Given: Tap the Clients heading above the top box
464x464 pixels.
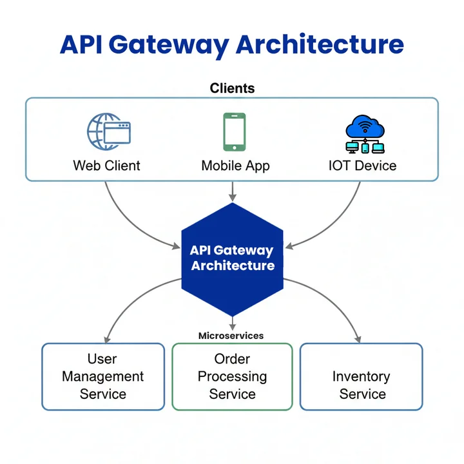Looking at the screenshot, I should [x=232, y=88].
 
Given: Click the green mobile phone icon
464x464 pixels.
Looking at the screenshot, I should [x=234, y=132].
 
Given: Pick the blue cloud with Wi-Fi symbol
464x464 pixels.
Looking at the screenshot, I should [x=365, y=126].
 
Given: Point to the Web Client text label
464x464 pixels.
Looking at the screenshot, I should [x=106, y=166].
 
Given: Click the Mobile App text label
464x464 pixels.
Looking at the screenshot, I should [x=235, y=166].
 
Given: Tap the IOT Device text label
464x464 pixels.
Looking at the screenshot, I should [x=362, y=166].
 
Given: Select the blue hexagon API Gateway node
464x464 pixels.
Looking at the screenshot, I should [x=232, y=258].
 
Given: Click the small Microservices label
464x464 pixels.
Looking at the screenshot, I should [x=231, y=336].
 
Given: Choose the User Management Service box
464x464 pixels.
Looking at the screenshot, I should [x=103, y=376].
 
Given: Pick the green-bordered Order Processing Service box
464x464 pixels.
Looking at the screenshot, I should [x=232, y=376].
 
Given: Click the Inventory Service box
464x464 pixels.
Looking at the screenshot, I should [x=362, y=376].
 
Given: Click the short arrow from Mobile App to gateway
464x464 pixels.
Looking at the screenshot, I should [x=232, y=191].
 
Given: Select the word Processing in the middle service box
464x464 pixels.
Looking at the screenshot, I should [x=232, y=376].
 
